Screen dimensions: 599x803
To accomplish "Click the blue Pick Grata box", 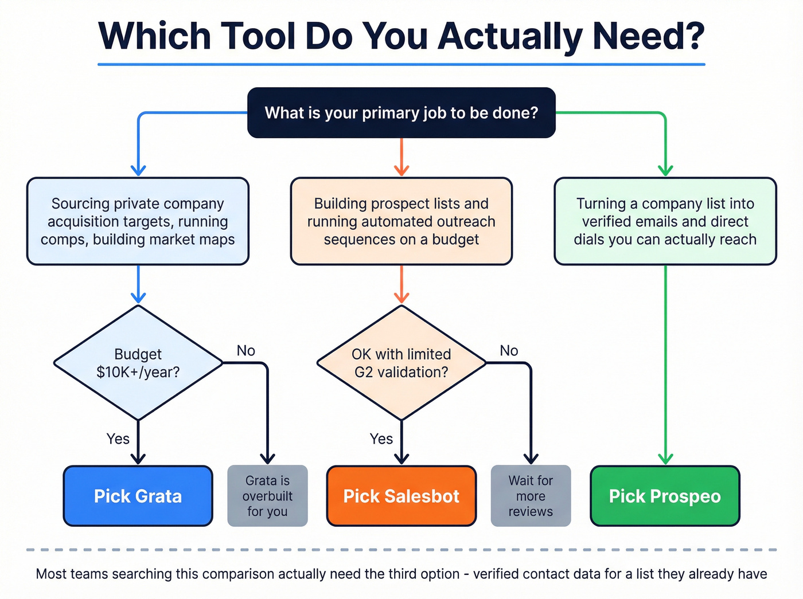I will [138, 496].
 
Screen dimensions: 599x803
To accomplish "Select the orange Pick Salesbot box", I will [401, 496].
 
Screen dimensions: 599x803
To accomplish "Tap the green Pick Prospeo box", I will [665, 496].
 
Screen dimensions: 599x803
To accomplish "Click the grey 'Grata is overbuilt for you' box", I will [267, 496].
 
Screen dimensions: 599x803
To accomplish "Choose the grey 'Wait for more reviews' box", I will [531, 496].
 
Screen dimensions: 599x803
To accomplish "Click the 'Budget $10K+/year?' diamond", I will [138, 363].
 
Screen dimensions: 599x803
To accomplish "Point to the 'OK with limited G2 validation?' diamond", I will [401, 363].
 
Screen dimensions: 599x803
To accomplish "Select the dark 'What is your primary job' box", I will [401, 112].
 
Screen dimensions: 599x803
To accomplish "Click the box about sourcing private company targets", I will [138, 221].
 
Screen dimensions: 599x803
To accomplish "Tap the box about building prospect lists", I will [401, 221].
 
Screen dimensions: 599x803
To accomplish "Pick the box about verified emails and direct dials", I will [665, 221].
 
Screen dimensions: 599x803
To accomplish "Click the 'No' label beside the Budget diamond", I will [246, 350].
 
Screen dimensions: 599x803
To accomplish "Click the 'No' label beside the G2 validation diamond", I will [509, 350].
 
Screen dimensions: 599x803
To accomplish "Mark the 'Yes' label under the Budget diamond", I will [118, 439].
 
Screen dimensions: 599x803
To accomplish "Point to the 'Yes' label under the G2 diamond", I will [381, 439].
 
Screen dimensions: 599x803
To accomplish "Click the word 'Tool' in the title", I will [258, 36].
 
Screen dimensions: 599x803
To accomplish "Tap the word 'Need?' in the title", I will [648, 36].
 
